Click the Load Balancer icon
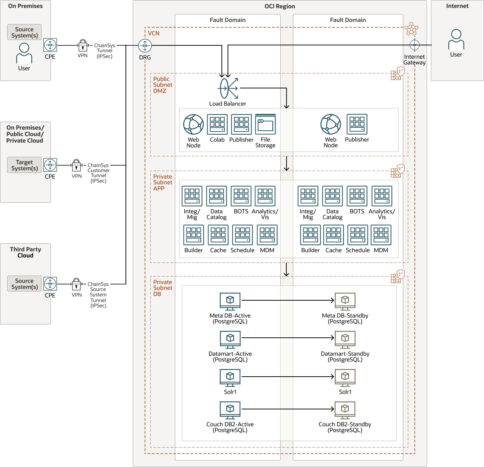pos(228,88)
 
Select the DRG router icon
pos(145,46)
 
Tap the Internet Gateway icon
pos(414,45)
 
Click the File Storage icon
pos(265,124)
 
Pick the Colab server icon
pos(217,124)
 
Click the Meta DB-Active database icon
pos(230,301)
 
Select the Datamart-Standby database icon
pos(345,340)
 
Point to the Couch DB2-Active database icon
pos(230,410)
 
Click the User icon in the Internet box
pos(456,39)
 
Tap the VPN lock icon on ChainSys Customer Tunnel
pos(76,165)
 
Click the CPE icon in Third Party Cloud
pos(50,284)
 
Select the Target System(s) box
pos(25,165)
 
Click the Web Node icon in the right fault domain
pos(331,124)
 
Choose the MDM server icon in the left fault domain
pos(267,235)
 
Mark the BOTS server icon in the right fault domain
pos(357,196)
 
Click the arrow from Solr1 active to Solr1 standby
pos(288,377)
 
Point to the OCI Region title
pos(280,6)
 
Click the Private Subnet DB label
pos(162,288)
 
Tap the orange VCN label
pos(154,33)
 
